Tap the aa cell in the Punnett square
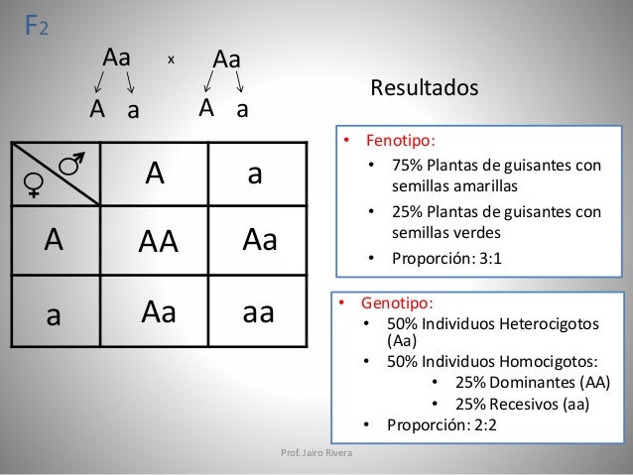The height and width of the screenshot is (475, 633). click(x=258, y=312)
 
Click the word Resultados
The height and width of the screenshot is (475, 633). click(x=424, y=89)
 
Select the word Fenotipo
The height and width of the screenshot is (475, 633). click(x=400, y=141)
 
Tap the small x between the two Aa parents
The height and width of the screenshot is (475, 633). click(x=171, y=59)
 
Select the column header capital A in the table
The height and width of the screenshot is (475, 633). click(x=154, y=175)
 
